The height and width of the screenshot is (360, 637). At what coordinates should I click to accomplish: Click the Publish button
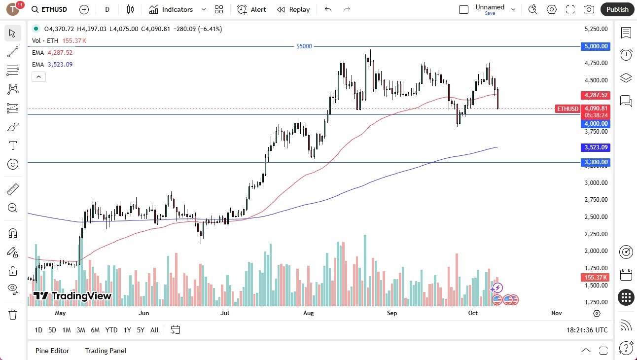coord(617,9)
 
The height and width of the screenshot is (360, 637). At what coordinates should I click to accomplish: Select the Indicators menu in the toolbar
coord(171,9)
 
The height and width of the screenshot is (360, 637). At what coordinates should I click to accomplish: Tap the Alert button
coord(251,9)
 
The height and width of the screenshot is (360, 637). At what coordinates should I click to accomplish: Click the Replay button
coord(293,9)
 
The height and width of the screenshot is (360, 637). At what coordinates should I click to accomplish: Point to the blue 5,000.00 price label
coord(596,46)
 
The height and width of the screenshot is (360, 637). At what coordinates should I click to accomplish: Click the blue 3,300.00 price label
coord(596,162)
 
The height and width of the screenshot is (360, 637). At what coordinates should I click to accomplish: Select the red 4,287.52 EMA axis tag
coord(596,95)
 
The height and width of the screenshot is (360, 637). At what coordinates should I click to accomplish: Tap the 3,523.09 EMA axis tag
coord(596,147)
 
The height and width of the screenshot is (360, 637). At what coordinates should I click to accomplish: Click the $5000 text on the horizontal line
coord(304,46)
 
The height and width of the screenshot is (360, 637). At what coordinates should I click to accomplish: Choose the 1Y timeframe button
coord(127,330)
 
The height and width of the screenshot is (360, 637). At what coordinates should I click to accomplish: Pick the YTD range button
coord(111,330)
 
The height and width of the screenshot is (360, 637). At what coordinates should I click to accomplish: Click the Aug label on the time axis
coord(308,313)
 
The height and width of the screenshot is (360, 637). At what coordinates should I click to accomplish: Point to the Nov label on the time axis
coord(556,313)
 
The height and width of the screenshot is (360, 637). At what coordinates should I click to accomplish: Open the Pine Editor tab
coord(52,351)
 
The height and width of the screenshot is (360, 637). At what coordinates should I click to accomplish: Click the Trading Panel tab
coord(106,351)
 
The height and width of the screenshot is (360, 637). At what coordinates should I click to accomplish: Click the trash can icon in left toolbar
coord(13,314)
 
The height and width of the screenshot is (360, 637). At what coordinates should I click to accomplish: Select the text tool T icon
coord(13,145)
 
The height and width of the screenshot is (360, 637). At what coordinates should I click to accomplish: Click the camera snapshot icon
coord(589,9)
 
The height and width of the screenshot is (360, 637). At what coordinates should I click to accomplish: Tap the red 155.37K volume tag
coord(596,278)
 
